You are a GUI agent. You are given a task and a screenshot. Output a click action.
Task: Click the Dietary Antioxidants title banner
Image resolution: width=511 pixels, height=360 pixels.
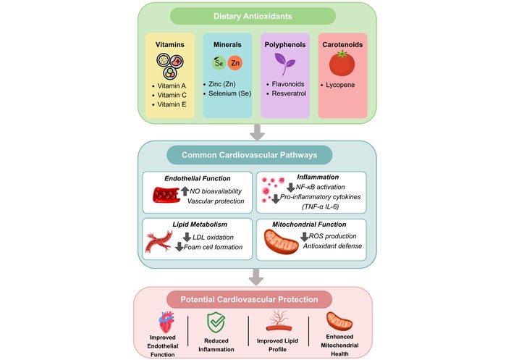point(253,16)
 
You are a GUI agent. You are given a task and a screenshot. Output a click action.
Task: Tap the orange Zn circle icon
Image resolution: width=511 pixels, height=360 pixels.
point(235,63)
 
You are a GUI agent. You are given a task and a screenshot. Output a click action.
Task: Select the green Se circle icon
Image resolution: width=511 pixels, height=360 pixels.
point(219,62)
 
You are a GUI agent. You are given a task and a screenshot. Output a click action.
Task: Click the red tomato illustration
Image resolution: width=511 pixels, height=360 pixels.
point(342,63)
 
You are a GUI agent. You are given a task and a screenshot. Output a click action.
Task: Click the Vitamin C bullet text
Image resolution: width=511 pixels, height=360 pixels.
point(172,95)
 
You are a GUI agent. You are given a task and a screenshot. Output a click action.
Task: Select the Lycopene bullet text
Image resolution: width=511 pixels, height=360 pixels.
point(340,85)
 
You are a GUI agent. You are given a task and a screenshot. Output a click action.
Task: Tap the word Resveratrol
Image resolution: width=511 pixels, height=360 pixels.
point(289,93)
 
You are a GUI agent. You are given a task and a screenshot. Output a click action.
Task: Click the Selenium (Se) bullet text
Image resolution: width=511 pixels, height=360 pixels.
point(229,93)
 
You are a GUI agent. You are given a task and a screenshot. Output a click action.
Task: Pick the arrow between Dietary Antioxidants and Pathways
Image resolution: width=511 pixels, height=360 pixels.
point(257,132)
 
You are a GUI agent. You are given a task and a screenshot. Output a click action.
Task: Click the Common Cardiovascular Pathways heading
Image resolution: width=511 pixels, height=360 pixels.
point(249,155)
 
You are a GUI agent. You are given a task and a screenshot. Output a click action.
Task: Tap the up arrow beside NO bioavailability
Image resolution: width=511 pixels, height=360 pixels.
point(185,191)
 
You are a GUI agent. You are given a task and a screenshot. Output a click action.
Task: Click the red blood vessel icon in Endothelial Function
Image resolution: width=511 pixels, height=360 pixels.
point(166,195)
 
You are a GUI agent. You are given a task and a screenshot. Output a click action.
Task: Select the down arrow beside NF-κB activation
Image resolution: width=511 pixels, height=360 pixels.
point(291,188)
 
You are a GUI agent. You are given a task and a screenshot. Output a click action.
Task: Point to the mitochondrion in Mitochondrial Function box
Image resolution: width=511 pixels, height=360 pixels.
point(282,242)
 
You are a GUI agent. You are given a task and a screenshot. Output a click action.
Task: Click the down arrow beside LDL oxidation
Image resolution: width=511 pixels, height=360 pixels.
point(187,237)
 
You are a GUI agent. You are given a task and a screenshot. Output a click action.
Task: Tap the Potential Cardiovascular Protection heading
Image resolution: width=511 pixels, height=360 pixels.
point(249,299)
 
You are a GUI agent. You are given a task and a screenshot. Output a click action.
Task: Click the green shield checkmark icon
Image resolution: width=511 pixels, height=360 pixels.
point(216,322)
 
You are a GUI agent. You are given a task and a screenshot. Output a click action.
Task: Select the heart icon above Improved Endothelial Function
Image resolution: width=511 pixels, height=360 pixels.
point(166,322)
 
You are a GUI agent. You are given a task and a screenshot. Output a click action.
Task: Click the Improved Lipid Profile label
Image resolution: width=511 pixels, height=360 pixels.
point(277,345)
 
